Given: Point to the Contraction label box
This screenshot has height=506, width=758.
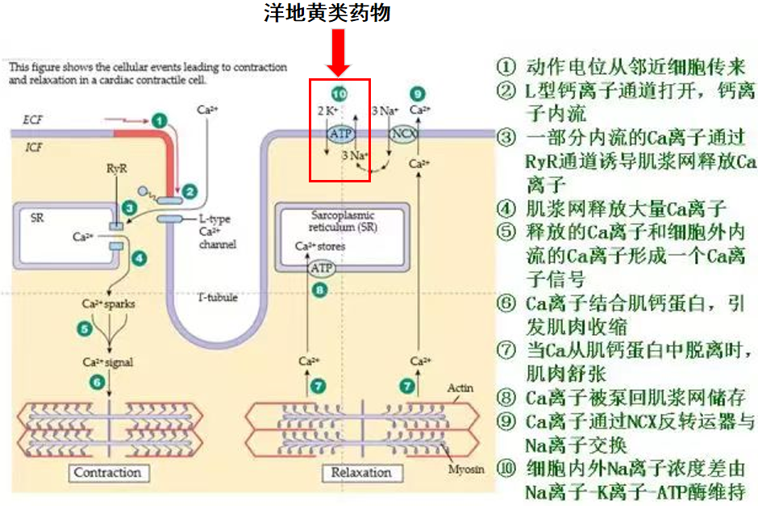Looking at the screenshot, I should (107, 473).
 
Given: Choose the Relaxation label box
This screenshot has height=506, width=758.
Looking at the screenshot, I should (361, 473).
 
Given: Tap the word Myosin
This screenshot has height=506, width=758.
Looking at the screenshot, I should (464, 468).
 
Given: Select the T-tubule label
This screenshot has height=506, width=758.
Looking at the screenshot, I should (217, 297).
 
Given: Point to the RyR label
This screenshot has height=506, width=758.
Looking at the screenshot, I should (117, 169).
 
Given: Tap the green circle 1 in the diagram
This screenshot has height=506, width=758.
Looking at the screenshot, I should (160, 120).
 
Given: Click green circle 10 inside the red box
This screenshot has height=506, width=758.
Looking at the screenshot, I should (338, 91).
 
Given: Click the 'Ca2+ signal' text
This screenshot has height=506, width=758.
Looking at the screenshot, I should (107, 362).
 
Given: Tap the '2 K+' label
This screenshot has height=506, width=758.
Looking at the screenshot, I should (327, 110).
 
